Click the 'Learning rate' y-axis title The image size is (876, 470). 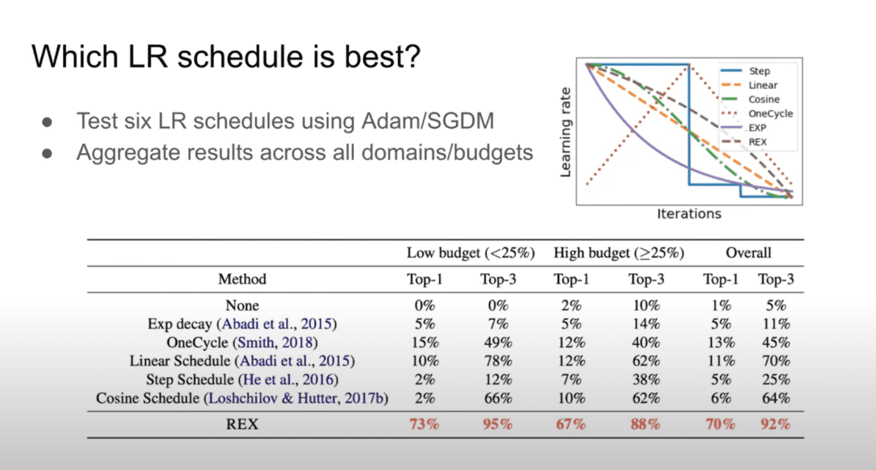click(566, 132)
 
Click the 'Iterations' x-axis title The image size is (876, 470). click(689, 213)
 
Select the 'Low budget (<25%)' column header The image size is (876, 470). click(470, 253)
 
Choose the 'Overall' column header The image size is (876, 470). click(748, 253)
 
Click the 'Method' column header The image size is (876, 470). click(242, 279)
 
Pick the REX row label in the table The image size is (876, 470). click(242, 424)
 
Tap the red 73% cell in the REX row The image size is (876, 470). click(424, 424)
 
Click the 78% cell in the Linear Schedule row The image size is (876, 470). click(498, 361)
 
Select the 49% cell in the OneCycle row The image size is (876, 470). click(498, 342)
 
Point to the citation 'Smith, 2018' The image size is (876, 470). click(275, 342)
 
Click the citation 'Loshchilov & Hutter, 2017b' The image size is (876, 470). click(296, 398)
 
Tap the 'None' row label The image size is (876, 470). click(242, 305)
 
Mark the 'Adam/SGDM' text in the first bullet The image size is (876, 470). click(427, 121)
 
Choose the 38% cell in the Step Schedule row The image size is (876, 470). click(646, 379)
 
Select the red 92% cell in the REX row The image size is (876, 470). click(776, 424)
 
